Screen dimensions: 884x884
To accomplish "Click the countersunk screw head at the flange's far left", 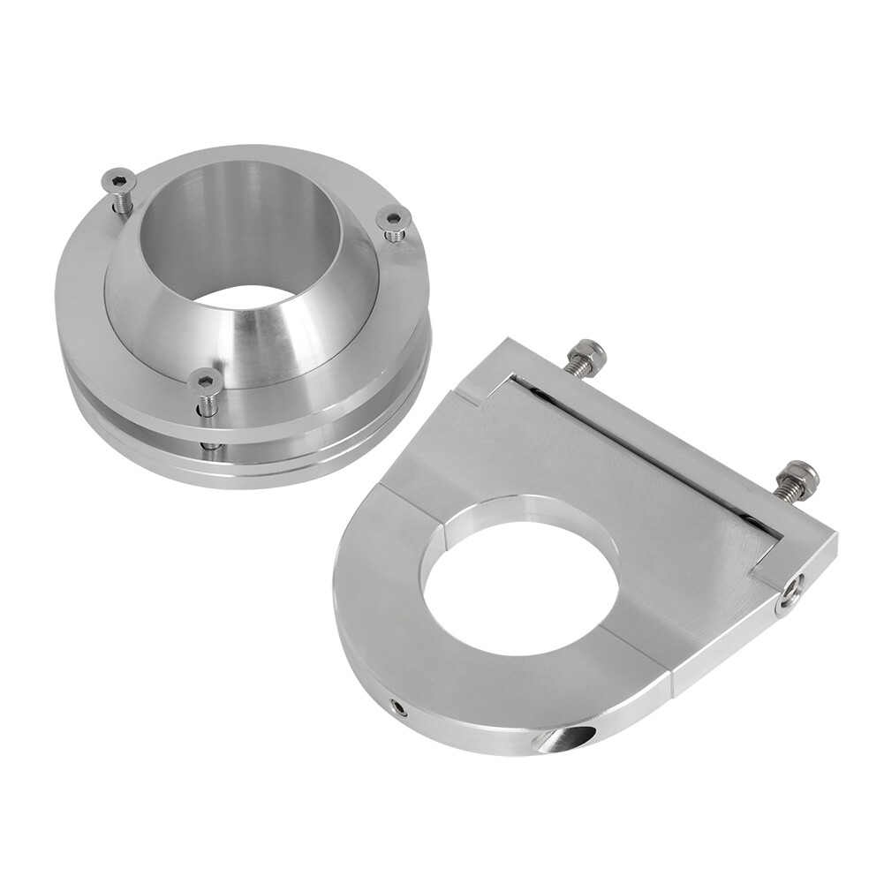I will pos(117,180).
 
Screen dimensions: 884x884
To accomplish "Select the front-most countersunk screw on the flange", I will pos(205,381).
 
